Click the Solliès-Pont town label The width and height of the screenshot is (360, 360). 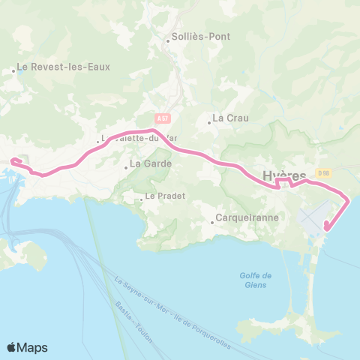[201, 37]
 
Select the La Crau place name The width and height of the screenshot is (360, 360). [229, 118]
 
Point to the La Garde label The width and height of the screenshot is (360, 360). [151, 163]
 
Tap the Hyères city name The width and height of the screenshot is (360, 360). [285, 175]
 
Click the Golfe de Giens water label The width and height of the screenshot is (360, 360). [257, 280]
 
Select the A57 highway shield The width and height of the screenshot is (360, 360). [163, 118]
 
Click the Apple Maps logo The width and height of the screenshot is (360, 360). [27, 347]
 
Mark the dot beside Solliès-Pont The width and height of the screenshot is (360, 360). [168, 40]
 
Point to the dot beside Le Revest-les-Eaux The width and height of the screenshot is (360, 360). [14, 71]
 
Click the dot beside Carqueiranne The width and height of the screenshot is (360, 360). [211, 219]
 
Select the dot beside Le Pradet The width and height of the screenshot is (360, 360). [141, 199]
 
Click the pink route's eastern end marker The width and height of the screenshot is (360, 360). [326, 226]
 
